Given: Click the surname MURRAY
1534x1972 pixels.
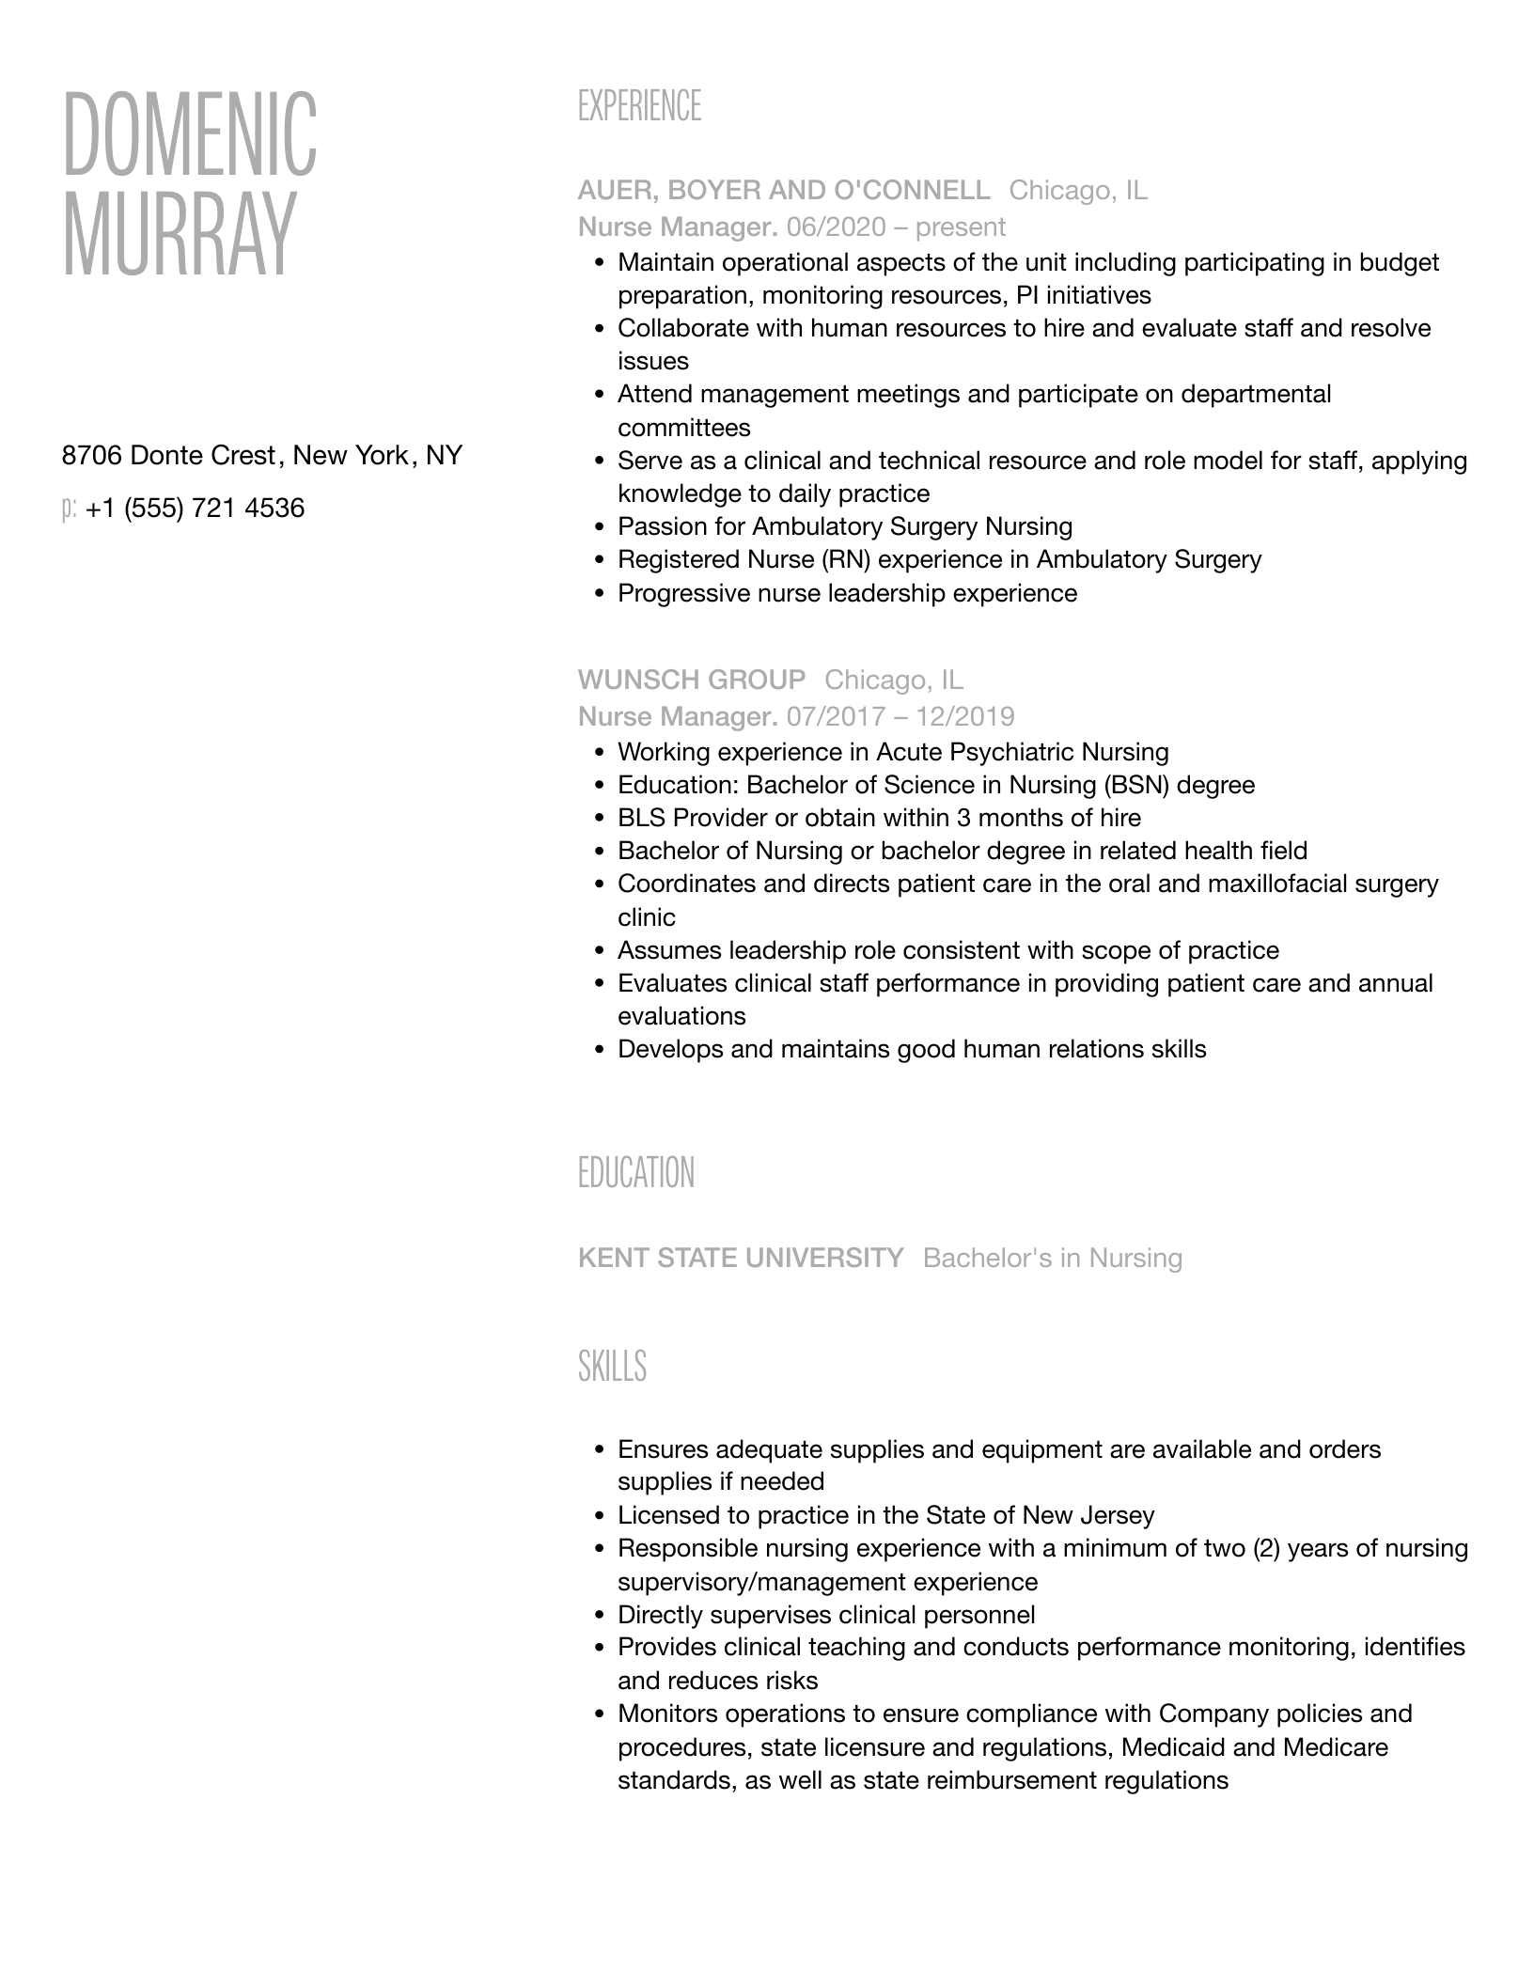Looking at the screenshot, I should [x=179, y=235].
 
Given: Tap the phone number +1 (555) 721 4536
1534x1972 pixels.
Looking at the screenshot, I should [x=195, y=509].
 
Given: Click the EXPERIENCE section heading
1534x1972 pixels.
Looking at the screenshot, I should [x=639, y=106].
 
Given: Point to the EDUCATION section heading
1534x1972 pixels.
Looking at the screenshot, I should [x=636, y=1173].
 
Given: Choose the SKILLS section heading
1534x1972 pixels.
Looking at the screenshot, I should [x=612, y=1366].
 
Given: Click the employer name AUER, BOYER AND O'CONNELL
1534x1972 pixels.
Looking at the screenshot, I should [x=784, y=191].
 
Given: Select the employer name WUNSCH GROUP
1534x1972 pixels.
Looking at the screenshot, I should [x=692, y=680].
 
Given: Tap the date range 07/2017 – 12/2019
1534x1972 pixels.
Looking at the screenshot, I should [x=900, y=717].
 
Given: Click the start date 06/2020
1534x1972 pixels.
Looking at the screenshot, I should [x=837, y=227].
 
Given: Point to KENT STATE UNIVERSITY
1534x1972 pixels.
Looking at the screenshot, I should [x=741, y=1258].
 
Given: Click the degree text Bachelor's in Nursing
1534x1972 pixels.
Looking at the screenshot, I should [x=1053, y=1258].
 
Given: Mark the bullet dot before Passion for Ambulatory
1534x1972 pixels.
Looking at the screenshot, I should [x=600, y=527].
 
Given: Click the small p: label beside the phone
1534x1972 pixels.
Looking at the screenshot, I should [x=69, y=509].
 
